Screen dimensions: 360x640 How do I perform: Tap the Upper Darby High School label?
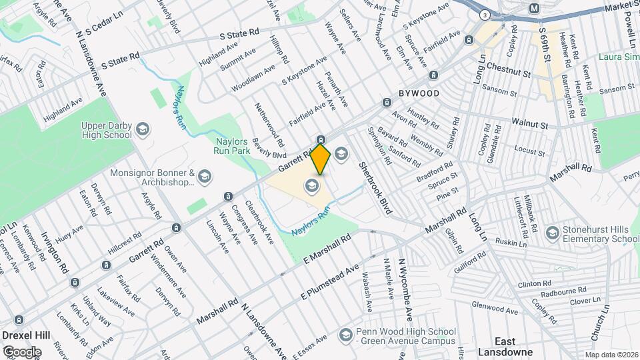107,130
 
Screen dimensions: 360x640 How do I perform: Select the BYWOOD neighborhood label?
419,93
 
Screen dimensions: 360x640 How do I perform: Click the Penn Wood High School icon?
345,333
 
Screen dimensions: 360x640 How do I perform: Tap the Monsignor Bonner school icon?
204,177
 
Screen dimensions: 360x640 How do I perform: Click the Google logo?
21,351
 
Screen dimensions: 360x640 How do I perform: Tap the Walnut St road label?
529,124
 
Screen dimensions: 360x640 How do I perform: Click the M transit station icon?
534,9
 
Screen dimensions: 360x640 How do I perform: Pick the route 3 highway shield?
485,15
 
